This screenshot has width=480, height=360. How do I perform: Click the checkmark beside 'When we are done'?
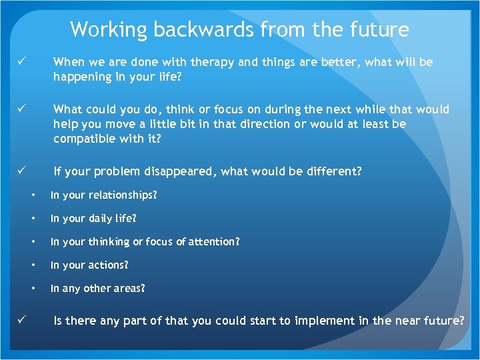pos(21,62)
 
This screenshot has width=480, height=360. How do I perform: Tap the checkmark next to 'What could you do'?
pos(21,109)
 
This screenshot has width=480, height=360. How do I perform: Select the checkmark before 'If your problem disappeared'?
pos(21,171)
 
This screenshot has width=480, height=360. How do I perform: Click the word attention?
pos(213,242)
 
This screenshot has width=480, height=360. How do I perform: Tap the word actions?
pos(107,265)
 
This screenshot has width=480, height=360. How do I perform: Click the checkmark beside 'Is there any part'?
pos(21,321)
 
